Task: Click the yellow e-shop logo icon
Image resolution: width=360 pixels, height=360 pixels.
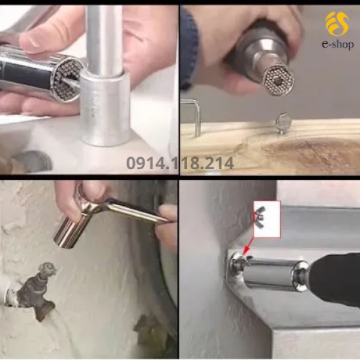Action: pos(337,23)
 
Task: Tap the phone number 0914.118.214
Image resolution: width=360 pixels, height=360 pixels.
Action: pos(180,163)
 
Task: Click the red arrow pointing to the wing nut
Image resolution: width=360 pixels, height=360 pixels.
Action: pos(248,246)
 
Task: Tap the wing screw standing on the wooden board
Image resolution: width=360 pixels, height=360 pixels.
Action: pos(283,123)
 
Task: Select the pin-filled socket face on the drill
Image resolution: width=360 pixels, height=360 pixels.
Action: pos(278,80)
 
